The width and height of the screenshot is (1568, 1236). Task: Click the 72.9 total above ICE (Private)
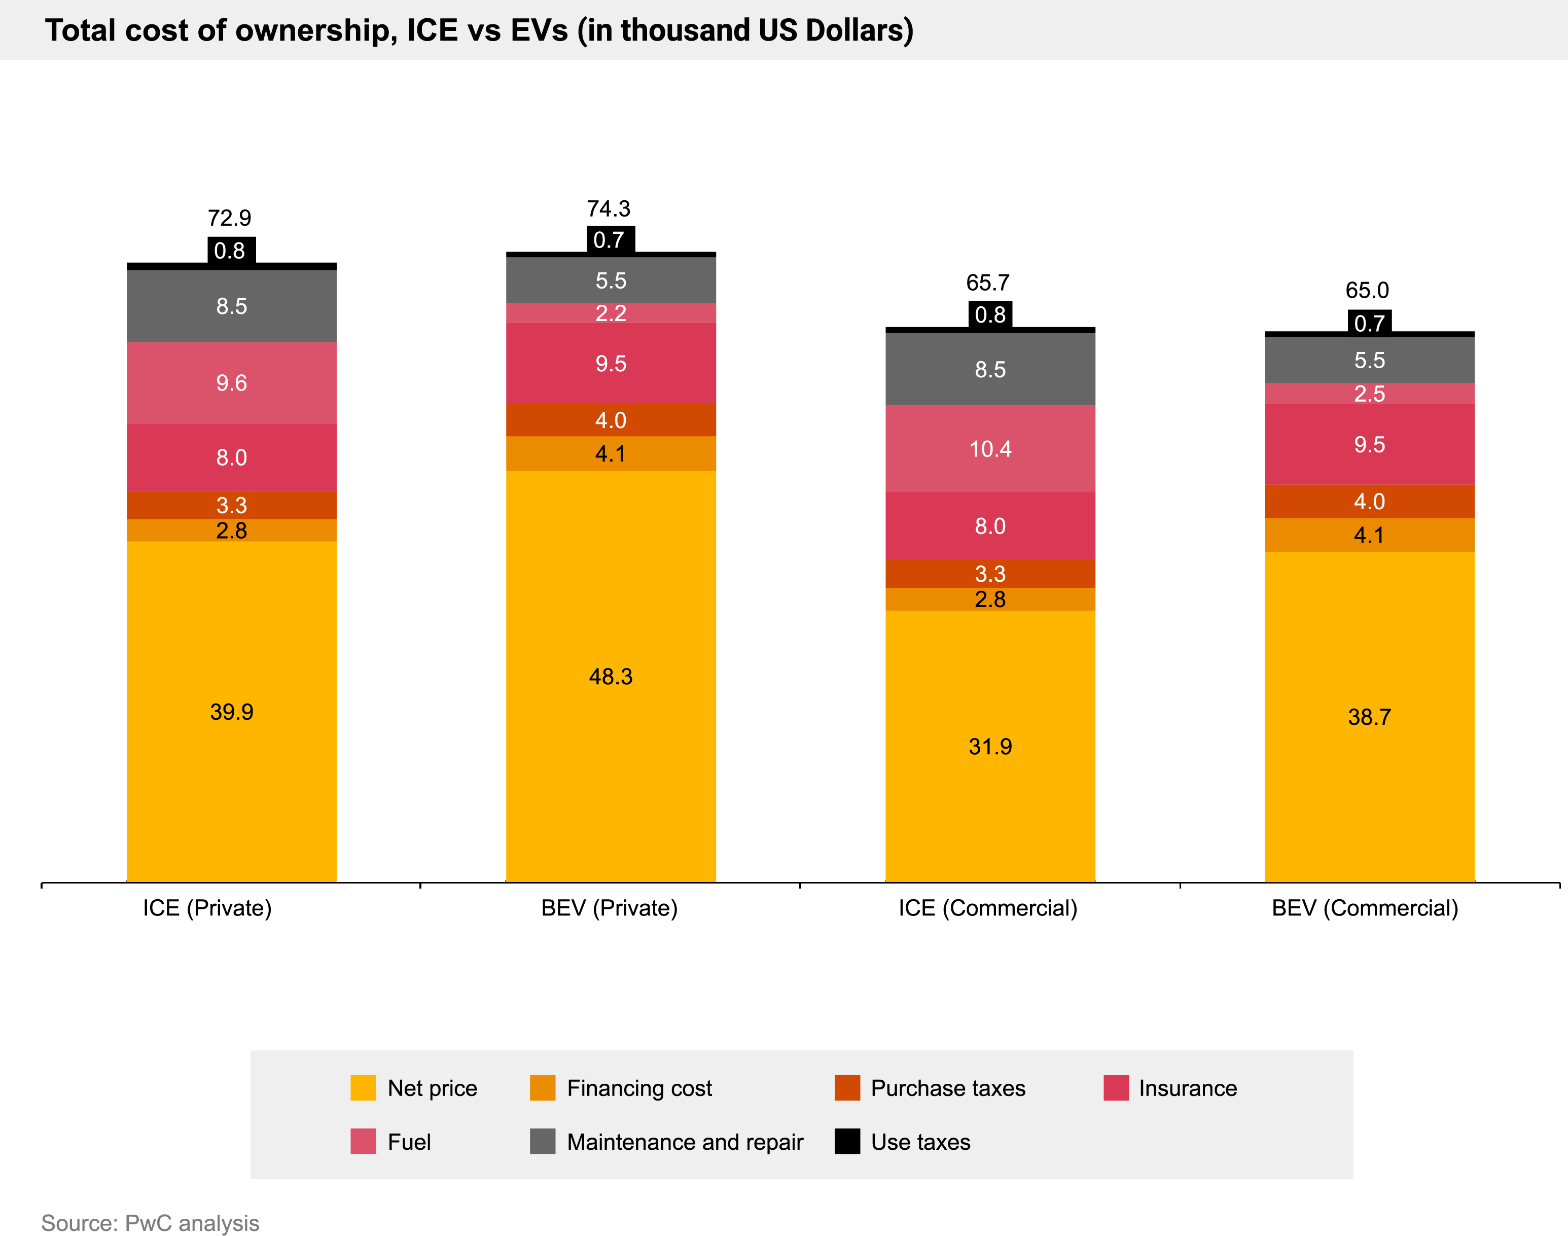[x=229, y=218]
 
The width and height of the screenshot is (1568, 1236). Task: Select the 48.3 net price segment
[x=611, y=676]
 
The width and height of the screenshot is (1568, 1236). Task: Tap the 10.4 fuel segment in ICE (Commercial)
[x=990, y=449]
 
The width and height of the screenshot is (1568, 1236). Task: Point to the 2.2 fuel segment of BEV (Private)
[x=611, y=313]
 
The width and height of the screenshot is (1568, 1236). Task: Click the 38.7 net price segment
[x=1369, y=717]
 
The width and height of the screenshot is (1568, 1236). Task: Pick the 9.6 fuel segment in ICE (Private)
[x=232, y=382]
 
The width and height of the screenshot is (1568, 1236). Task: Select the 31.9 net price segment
[x=990, y=746]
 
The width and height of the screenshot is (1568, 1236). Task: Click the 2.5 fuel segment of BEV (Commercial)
[x=1369, y=394]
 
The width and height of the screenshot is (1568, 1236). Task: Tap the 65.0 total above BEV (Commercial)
[x=1367, y=290]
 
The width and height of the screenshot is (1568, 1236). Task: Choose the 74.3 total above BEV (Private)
[x=609, y=208]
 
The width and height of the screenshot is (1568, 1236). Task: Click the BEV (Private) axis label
[x=609, y=908]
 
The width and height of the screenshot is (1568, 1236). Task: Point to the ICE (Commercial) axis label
[x=988, y=908]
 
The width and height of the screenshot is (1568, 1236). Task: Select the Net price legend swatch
[x=363, y=1088]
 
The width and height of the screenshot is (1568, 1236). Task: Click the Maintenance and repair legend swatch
[x=543, y=1141]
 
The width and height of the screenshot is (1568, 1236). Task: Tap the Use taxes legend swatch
[x=847, y=1141]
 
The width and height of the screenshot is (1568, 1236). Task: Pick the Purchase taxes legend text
[x=948, y=1088]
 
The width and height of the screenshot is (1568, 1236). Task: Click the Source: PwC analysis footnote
[x=150, y=1222]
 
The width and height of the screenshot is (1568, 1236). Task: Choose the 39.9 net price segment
[x=232, y=712]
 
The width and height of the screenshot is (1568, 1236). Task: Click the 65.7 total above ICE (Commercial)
[x=988, y=282]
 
